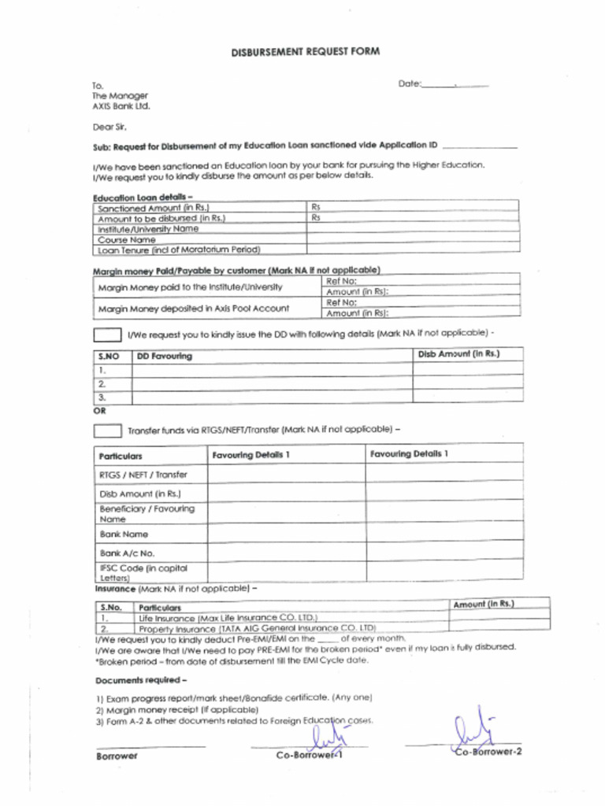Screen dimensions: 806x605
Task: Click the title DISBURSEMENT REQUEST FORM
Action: click(305, 52)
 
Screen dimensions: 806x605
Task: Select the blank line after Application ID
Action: click(480, 146)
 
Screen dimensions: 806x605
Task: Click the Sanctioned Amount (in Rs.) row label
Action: click(153, 208)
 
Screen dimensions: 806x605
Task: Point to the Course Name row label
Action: click(127, 238)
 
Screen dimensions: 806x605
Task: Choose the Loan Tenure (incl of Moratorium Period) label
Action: click(179, 250)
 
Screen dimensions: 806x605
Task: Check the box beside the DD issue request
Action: click(107, 335)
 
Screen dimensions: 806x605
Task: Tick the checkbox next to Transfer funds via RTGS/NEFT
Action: click(107, 431)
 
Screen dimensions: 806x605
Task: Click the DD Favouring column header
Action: click(165, 356)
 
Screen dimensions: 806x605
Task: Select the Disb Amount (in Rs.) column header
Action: click(458, 354)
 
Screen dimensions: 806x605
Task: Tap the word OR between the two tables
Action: click(99, 410)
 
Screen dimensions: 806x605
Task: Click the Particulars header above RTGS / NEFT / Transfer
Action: click(121, 456)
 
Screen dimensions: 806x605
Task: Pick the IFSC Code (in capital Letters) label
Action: click(143, 571)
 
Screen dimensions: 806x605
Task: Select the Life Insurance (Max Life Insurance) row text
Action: click(228, 618)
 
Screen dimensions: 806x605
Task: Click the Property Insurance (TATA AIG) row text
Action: click(257, 628)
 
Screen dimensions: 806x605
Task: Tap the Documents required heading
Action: click(141, 679)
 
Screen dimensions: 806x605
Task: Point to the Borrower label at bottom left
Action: click(117, 756)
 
